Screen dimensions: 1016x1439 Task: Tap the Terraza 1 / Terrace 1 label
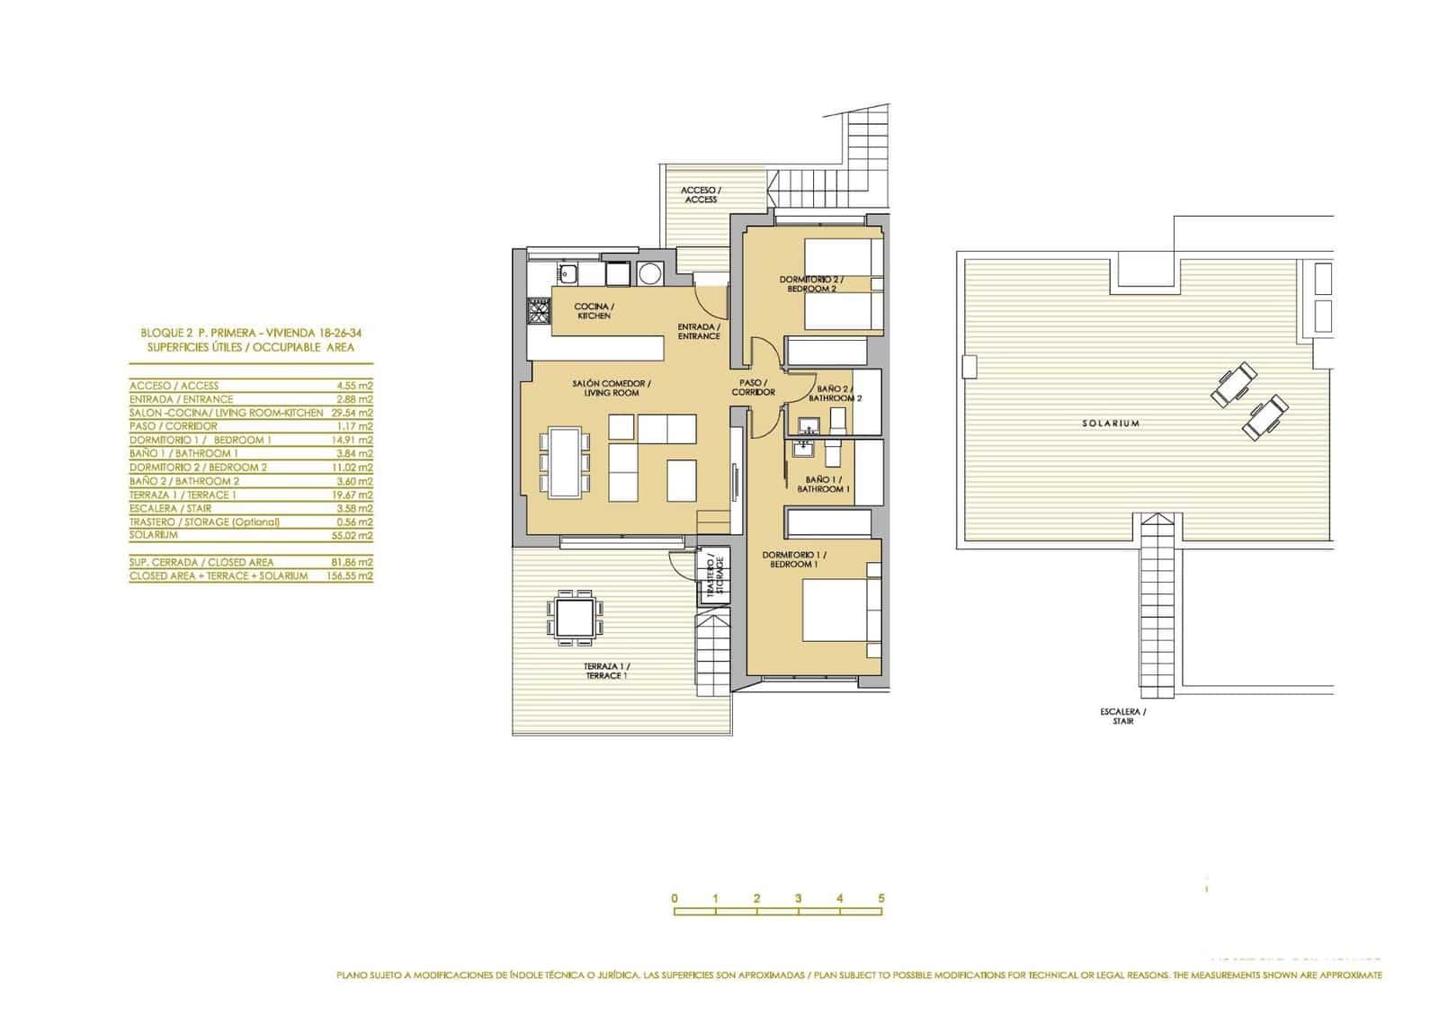(605, 670)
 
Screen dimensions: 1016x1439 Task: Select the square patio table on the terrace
(573, 618)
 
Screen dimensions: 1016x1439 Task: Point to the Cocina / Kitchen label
(594, 311)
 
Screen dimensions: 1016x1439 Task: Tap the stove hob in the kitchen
(537, 313)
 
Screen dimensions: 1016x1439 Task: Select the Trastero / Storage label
(714, 577)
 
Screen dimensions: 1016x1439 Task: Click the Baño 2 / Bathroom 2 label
(835, 393)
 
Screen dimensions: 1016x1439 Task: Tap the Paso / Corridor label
(753, 388)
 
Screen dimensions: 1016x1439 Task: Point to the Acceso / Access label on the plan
(701, 194)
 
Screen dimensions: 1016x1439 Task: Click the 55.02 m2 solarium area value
(353, 535)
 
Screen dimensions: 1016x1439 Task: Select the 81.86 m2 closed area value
(353, 562)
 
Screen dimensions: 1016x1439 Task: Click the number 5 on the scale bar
(881, 898)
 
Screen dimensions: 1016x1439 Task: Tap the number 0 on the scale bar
(674, 898)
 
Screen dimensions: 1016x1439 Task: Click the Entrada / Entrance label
(699, 331)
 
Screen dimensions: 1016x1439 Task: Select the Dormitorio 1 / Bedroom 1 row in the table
(251, 440)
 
